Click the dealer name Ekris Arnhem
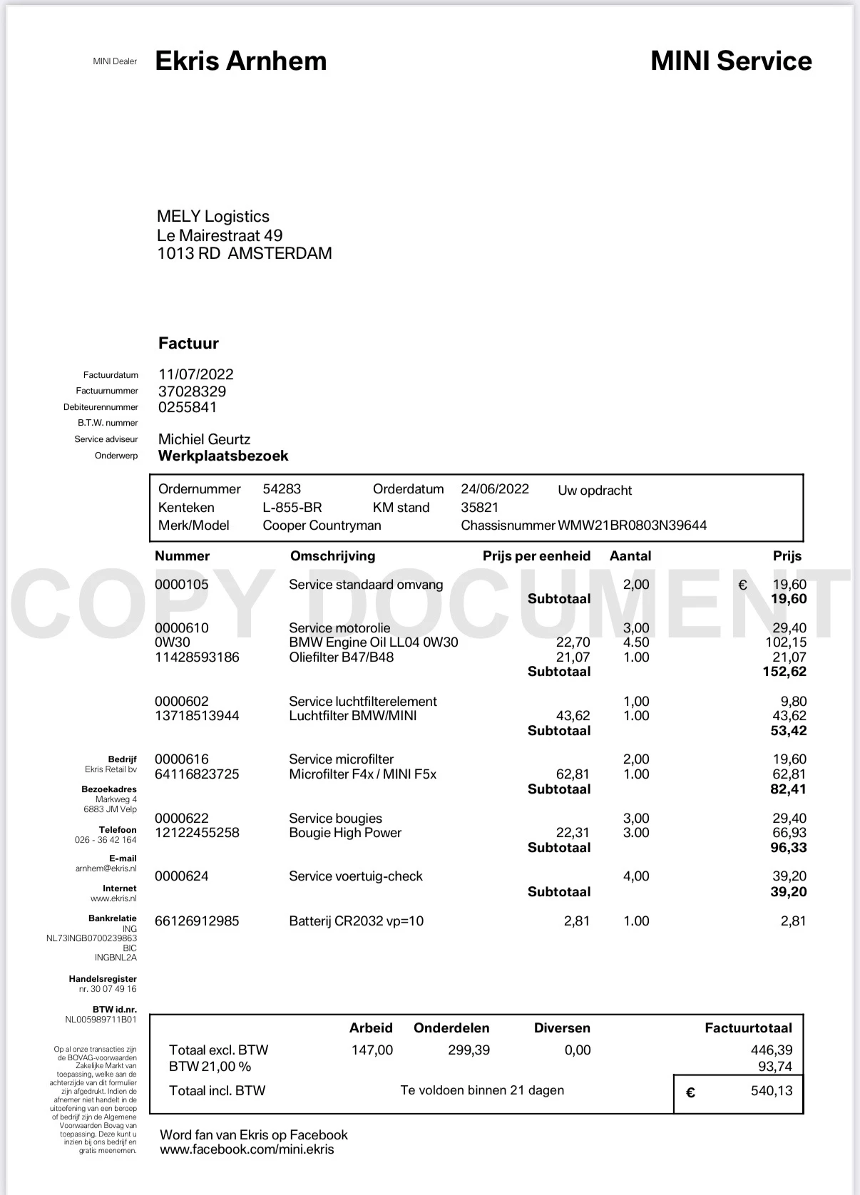coord(240,61)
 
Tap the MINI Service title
coord(731,61)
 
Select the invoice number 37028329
coord(192,391)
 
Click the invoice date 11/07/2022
coord(195,374)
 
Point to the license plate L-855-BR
coord(292,508)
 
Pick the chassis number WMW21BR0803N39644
coord(632,525)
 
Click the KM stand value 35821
coord(479,508)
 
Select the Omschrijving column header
coord(332,556)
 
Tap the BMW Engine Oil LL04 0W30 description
coord(373,642)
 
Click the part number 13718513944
coord(197,716)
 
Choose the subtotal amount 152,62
coord(784,672)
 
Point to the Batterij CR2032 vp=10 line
coord(356,921)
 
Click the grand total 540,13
coord(771,1091)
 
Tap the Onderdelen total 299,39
coord(469,1050)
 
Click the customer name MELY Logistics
coord(213,217)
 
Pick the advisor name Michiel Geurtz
coord(204,439)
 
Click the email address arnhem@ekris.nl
coord(106,868)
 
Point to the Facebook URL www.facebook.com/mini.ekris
coord(247,1149)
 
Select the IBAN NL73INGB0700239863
coord(91,938)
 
